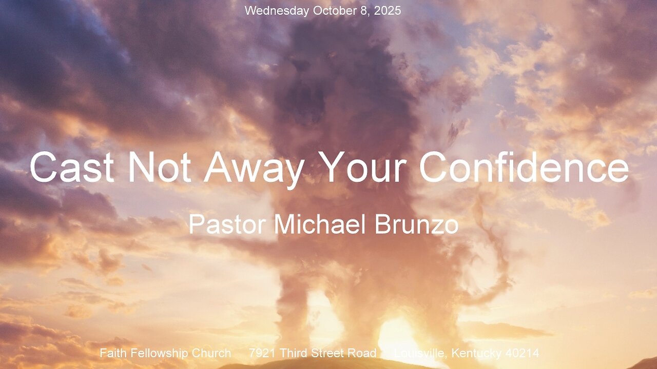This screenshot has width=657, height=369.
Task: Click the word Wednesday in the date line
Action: [277, 11]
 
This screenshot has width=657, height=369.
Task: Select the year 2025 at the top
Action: [387, 11]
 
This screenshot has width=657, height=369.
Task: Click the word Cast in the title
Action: [72, 167]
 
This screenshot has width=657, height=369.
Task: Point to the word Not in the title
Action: [160, 167]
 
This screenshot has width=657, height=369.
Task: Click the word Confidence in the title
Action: [524, 167]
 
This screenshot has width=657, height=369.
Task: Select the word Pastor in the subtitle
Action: [227, 224]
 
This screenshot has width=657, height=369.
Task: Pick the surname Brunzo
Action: [416, 224]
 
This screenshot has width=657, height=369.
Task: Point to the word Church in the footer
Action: [211, 353]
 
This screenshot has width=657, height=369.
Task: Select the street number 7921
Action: [262, 353]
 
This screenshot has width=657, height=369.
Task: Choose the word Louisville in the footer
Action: [421, 353]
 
